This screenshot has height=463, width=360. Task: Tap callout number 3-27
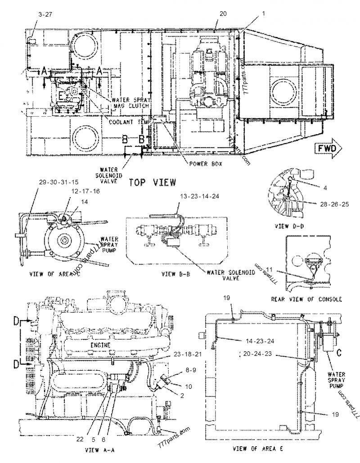pos(45,14)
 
